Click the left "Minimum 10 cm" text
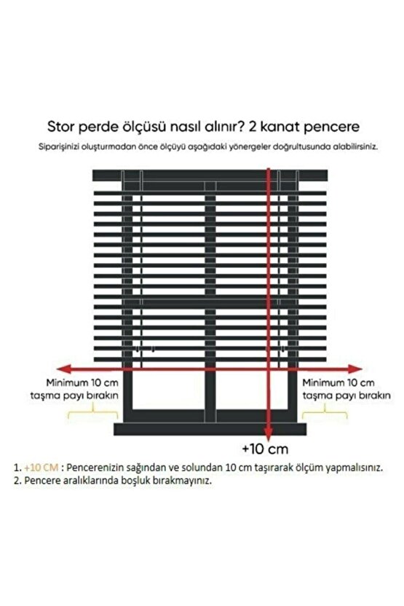point(81,382)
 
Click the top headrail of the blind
point(204,175)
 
